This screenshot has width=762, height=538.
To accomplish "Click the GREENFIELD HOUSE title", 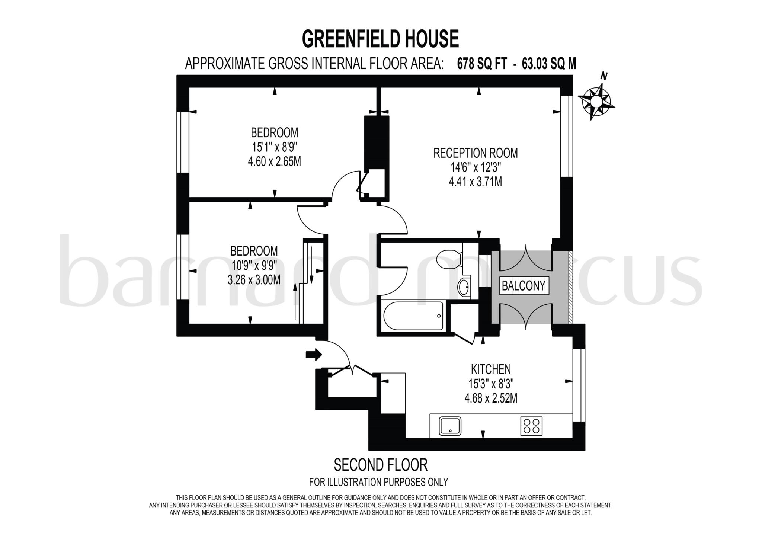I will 380,39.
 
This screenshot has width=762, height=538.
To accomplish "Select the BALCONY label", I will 524,285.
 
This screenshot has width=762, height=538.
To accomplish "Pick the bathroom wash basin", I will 464,287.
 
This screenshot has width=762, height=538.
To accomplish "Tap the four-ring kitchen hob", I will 531,426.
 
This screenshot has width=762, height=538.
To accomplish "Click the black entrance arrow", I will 314,354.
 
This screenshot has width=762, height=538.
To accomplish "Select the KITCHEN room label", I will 491,369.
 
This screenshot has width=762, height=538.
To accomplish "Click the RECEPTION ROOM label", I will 476,153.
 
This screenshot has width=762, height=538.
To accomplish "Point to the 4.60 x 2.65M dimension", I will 274,162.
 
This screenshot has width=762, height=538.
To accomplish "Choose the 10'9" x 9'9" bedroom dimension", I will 254,265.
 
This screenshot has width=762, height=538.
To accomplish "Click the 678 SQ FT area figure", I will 482,64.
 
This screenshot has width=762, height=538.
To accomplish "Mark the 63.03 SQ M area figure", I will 549,64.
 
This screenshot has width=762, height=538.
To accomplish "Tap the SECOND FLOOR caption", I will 381,465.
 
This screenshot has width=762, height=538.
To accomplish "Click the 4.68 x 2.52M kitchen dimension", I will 491,398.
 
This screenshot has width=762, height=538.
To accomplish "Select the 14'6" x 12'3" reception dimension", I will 476,167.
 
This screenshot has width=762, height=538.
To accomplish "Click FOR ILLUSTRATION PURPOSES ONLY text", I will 378,482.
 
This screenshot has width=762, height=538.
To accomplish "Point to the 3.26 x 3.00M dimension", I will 254,280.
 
